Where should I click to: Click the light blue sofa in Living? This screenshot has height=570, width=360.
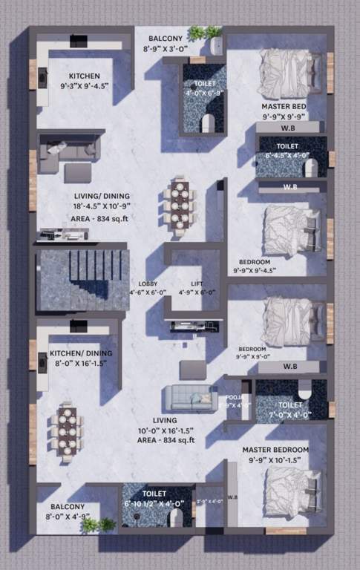(191, 399)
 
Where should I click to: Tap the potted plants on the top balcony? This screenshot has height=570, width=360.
(204, 34)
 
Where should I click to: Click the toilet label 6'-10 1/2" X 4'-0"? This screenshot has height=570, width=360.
(156, 498)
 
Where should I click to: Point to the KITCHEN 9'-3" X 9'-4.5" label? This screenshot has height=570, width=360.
(89, 81)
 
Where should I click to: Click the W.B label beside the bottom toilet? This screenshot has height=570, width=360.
(232, 497)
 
